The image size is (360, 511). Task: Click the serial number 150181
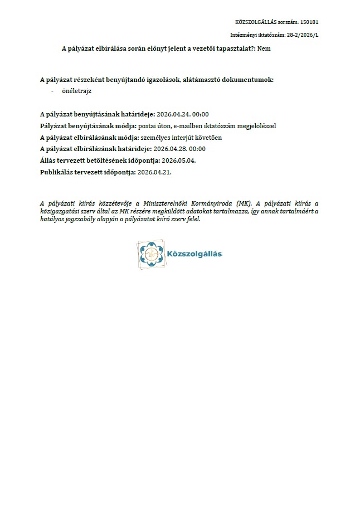click(x=309, y=22)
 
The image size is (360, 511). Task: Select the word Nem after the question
click(x=264, y=48)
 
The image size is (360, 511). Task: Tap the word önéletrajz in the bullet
click(x=77, y=90)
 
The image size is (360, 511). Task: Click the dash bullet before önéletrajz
click(x=52, y=90)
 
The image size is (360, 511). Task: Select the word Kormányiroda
click(x=212, y=204)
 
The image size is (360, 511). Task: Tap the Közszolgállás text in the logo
click(x=194, y=255)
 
